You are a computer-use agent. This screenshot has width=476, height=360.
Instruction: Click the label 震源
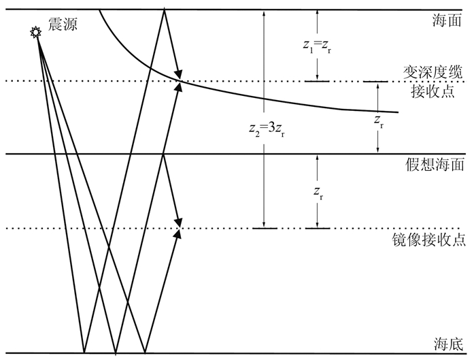click(63, 25)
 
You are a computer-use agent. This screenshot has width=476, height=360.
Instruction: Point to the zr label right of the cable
click(379, 120)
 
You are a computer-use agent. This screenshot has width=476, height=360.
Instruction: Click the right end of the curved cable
click(397, 112)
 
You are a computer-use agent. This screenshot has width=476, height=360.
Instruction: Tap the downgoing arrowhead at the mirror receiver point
click(180, 222)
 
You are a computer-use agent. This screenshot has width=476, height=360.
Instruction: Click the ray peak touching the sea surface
click(165, 10)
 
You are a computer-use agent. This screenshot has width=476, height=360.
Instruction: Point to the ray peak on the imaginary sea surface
click(165, 154)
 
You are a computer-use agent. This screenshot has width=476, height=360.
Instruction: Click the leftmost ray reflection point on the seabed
click(84, 353)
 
